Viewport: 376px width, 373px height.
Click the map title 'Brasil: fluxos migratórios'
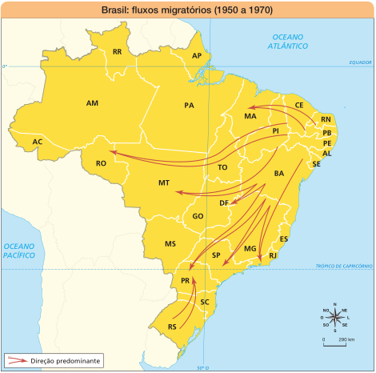point(187,10)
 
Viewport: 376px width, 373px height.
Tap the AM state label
point(92,103)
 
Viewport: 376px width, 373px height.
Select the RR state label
point(117,52)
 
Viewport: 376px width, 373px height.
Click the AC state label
point(37,142)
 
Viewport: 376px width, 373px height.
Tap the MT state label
point(163,183)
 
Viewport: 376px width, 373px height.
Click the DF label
point(224,203)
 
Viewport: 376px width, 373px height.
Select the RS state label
point(172,327)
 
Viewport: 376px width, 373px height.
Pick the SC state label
point(205,302)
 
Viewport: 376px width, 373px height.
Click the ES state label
point(284,239)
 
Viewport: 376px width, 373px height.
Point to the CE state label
point(299,105)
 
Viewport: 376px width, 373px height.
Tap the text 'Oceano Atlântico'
point(289,42)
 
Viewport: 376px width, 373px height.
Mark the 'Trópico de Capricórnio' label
point(344,266)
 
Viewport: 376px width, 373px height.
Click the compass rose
point(334,316)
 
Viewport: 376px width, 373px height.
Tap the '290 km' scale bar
point(336,339)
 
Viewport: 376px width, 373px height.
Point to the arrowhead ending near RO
point(111,150)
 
